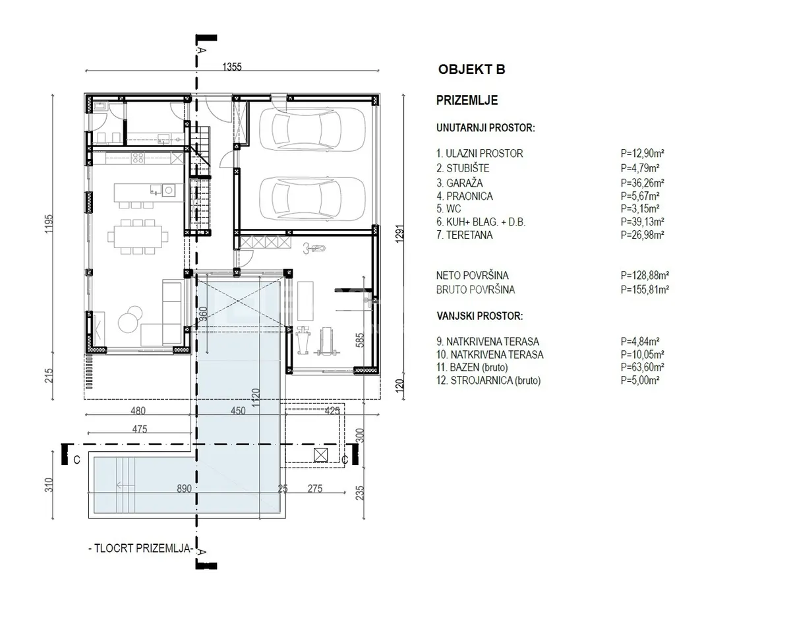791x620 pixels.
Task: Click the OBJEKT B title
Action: (x=471, y=69)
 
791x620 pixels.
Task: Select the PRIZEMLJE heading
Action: (x=467, y=100)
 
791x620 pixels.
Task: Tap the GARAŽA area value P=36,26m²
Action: (x=642, y=183)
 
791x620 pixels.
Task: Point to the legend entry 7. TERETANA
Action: (x=465, y=235)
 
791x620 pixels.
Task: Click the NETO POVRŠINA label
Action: (x=472, y=275)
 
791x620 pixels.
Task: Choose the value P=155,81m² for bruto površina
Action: (x=645, y=290)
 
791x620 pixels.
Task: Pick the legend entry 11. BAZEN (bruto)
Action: (x=472, y=367)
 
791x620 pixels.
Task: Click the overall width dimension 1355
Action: (x=232, y=67)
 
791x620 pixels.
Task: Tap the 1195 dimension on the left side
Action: (x=49, y=224)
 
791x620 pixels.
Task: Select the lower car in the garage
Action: (x=312, y=199)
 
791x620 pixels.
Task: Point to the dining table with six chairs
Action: (x=138, y=237)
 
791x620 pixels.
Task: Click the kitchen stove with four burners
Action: (x=138, y=158)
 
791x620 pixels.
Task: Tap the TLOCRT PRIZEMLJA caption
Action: (x=140, y=548)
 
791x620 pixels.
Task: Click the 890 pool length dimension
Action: (x=184, y=489)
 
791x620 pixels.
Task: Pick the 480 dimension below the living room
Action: (x=138, y=411)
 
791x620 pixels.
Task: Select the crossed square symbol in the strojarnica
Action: (x=321, y=454)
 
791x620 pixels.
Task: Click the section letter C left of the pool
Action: (x=76, y=460)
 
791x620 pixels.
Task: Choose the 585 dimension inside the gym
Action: (x=360, y=340)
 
